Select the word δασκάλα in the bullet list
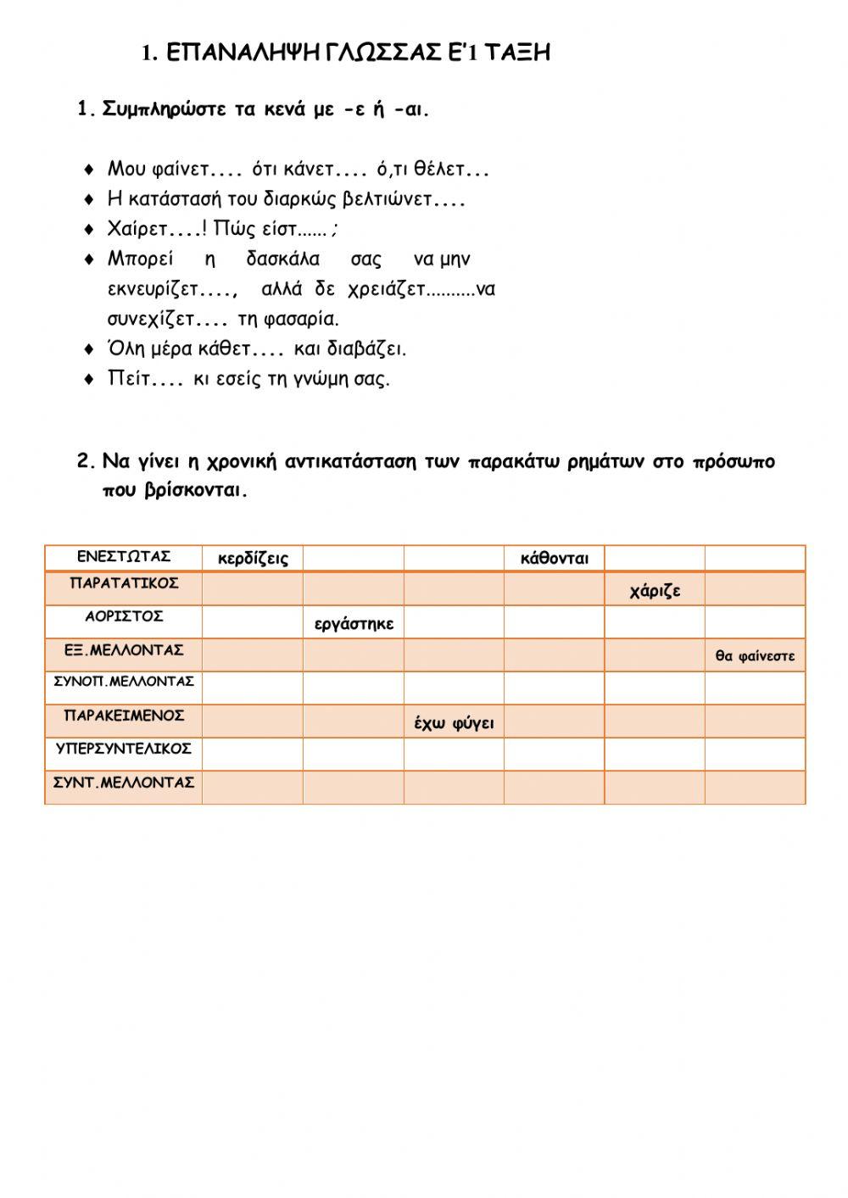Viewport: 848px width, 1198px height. click(282, 259)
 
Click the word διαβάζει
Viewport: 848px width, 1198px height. click(377, 349)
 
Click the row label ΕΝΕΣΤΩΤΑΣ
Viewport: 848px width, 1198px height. click(124, 557)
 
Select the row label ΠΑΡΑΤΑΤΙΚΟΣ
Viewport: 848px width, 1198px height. click(124, 583)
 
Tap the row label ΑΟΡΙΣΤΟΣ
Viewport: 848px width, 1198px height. click(124, 616)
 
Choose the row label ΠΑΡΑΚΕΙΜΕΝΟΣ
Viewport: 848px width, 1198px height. click(124, 716)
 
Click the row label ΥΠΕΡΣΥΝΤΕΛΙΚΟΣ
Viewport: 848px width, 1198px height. click(124, 749)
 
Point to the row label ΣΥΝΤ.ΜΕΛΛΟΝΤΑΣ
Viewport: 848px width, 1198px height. click(124, 783)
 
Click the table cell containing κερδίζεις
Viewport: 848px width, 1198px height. click(253, 559)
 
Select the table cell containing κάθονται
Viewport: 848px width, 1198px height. click(555, 559)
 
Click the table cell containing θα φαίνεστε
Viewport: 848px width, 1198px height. click(755, 656)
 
